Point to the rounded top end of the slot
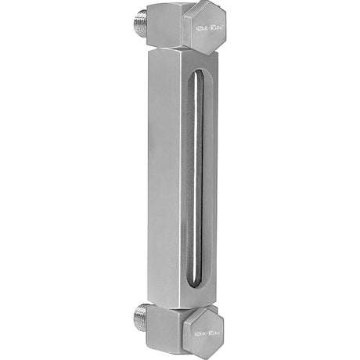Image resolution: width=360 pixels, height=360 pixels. pyautogui.click(x=198, y=72)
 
